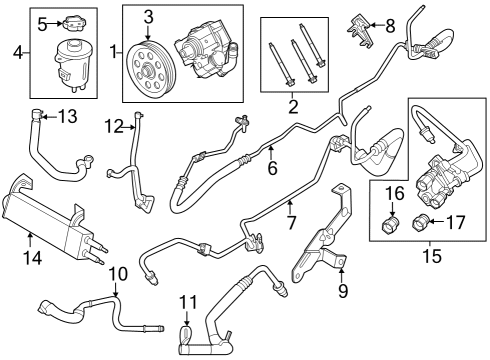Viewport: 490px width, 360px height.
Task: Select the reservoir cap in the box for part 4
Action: [72, 22]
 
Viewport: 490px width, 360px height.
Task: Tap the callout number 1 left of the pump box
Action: [113, 50]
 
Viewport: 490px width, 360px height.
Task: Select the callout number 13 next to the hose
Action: [67, 117]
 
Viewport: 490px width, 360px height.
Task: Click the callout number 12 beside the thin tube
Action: [115, 126]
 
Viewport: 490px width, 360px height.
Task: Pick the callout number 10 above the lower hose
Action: [118, 274]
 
